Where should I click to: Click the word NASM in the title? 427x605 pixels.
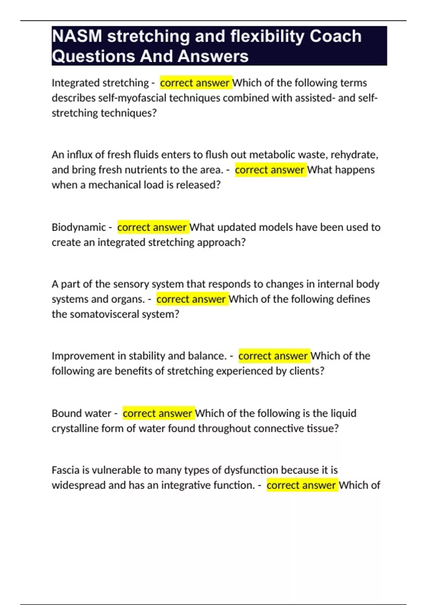[x=77, y=36]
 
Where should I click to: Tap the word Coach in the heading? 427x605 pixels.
[x=335, y=36]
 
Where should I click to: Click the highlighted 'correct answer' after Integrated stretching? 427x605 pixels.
[x=195, y=83]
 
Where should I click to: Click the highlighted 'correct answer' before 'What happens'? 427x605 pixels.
[x=270, y=170]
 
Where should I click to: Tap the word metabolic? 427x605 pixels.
[x=272, y=155]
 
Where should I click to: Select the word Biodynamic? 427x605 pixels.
[x=79, y=227]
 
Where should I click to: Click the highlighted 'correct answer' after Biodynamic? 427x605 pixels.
[x=152, y=227]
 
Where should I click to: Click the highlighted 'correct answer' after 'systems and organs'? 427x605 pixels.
[x=191, y=299]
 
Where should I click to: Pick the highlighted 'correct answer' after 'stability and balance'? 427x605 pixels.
[x=273, y=356]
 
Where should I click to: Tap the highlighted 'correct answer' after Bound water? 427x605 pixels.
[x=158, y=413]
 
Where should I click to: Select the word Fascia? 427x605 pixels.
[x=65, y=470]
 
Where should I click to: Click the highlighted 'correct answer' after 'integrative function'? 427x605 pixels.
[x=301, y=485]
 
